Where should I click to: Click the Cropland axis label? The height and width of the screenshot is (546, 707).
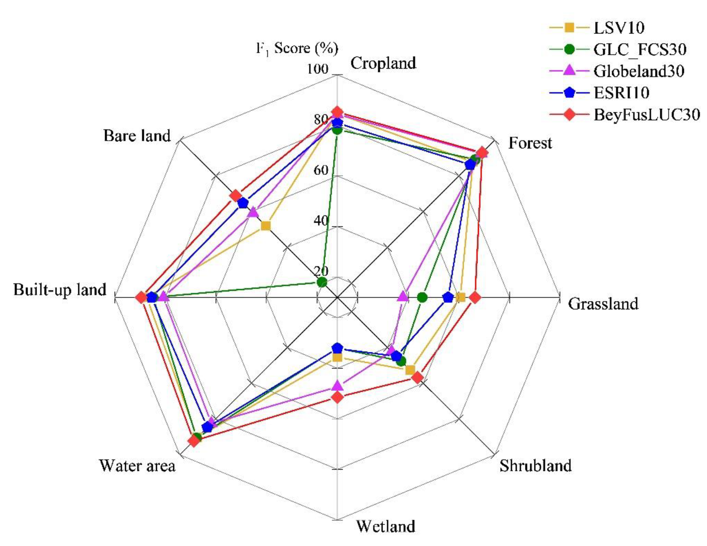coord(383,63)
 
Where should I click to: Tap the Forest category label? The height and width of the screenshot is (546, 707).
coord(530,143)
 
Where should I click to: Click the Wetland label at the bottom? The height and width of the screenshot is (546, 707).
coord(386,527)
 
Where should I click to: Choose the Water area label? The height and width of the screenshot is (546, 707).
coord(137,466)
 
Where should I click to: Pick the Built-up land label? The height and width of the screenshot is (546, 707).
coord(60,290)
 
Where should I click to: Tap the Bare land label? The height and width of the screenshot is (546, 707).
coord(137,136)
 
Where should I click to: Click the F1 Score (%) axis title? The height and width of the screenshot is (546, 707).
coord(297,49)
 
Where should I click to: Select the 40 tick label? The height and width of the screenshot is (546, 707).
coord(321,221)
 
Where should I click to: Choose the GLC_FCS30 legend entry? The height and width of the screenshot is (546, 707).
coord(639,49)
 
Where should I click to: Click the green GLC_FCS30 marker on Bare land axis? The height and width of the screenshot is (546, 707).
coord(321,282)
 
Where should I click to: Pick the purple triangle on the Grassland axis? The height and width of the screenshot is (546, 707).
coord(403,296)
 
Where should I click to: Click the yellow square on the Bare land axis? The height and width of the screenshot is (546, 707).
coord(266,226)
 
